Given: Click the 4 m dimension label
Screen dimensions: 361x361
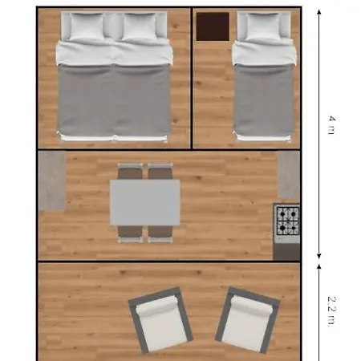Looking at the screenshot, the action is pos(331,125).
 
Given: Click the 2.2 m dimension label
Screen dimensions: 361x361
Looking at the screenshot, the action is pos(331,311).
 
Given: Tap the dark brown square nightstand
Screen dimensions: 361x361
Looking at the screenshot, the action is pos(213,26).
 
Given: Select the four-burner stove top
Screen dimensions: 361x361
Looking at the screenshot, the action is pos(287,221).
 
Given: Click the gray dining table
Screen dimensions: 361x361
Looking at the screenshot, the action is pos(145,202).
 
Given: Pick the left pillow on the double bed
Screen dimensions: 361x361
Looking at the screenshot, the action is pos(87,26).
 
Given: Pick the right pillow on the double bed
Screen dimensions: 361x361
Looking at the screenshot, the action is pos(140,26).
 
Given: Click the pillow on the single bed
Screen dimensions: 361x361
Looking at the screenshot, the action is pos(263,26).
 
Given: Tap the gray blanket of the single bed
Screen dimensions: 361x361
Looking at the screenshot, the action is pos(264,99).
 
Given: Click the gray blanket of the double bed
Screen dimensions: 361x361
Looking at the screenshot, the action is pos(114,99).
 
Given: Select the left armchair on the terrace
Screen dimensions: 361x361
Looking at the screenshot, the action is pos(160,320).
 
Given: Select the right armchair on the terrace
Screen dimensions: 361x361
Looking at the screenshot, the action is pos(248,320).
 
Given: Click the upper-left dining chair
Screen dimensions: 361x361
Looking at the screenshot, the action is pos(130,171).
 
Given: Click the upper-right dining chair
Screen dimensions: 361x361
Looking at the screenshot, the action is pos(160,171).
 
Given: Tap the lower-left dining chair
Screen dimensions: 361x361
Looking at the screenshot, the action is pos(130,234).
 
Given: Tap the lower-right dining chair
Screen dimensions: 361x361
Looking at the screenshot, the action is pos(160,234).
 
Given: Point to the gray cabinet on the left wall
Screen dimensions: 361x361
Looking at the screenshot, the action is pos(52,180).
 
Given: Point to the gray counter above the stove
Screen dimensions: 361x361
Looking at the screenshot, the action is pos(290,175).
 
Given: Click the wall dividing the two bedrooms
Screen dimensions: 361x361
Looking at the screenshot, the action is pos(192,78).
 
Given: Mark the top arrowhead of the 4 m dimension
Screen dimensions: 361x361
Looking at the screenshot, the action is pos(318,12).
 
